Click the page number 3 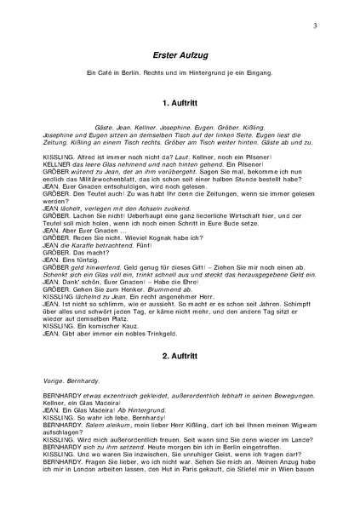click(x=315, y=26)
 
